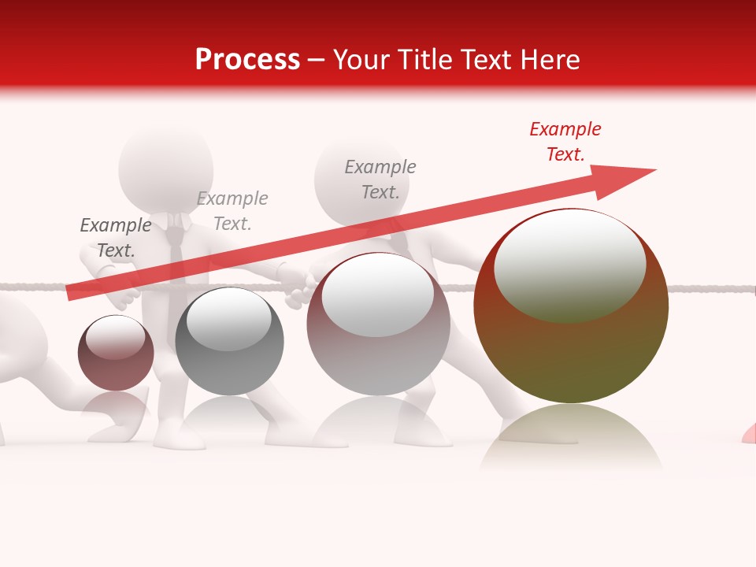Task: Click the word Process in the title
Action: tap(247, 60)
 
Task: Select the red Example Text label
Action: tap(565, 142)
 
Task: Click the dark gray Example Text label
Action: tap(115, 238)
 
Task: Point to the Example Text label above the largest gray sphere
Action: tap(380, 180)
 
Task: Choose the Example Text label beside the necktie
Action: tap(232, 211)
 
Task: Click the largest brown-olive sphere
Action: tap(571, 346)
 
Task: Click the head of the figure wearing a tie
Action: tap(166, 168)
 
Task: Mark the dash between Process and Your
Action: tap(317, 61)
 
